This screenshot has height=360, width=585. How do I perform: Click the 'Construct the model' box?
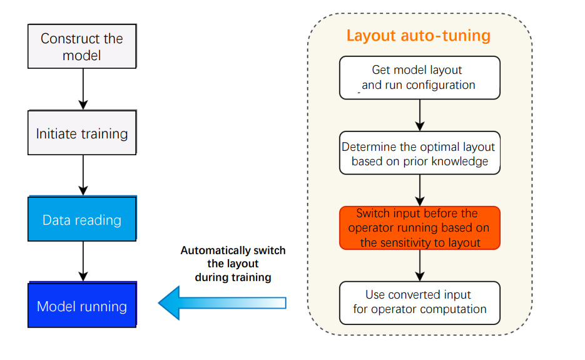(x=82, y=47)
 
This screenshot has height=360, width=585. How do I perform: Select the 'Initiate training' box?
(x=82, y=133)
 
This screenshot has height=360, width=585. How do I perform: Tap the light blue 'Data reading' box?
(x=82, y=220)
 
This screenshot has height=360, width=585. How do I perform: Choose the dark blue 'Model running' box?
(x=82, y=306)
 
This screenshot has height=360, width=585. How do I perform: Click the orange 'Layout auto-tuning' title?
(x=419, y=35)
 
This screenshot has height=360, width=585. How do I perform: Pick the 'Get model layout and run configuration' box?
(x=420, y=78)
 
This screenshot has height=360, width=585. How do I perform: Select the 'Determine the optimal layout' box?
(x=420, y=153)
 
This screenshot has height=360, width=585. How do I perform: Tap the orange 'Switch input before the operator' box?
(x=420, y=228)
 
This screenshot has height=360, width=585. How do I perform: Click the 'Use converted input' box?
(x=420, y=302)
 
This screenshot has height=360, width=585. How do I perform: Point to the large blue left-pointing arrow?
(x=222, y=303)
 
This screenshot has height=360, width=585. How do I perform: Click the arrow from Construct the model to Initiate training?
(x=82, y=89)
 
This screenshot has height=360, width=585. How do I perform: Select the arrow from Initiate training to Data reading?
(x=82, y=175)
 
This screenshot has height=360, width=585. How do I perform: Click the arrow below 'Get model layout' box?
(x=420, y=115)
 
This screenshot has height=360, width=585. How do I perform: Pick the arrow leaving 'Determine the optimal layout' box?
(x=420, y=190)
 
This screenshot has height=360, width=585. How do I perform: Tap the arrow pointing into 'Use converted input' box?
(x=420, y=265)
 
